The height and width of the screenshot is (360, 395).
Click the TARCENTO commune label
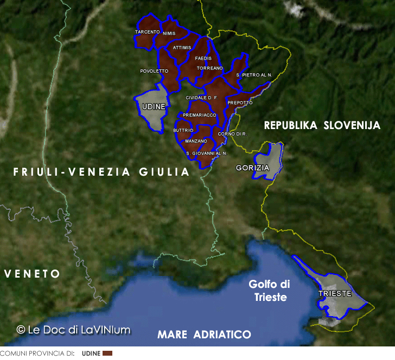pos(147,32)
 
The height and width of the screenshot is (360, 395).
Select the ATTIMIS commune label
pos(182,48)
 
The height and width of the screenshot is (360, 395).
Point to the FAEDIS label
pos(203,58)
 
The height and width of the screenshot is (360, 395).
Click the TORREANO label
pos(210,68)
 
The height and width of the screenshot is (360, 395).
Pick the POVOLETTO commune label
pos(154,71)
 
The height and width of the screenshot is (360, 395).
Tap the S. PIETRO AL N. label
pos(254,74)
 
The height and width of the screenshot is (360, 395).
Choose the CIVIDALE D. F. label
pos(201,98)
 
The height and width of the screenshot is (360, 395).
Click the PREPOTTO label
pos(240,102)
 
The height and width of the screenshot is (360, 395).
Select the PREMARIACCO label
pos(200,115)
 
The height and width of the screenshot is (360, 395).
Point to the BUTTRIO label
pos(183,130)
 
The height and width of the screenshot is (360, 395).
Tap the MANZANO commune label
pos(196,141)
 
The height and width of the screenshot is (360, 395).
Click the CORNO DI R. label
pos(232,133)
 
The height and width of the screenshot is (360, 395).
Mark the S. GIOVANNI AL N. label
pos(206,153)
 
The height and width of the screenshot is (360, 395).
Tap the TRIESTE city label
pos(335,294)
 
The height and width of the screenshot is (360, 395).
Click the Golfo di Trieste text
pos(269,291)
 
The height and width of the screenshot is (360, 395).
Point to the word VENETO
pos(32,274)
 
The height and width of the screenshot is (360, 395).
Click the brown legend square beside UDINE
pos(107,353)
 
